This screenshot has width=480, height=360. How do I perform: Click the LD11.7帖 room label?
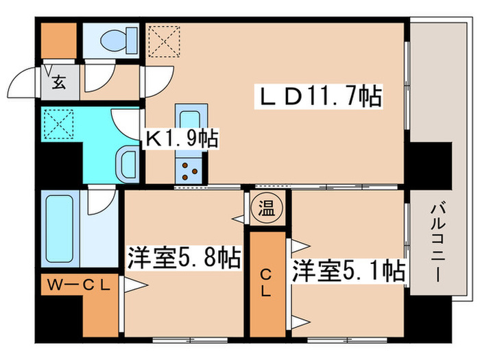(x=318, y=96)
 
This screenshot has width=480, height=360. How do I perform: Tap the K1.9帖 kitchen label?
(x=181, y=139)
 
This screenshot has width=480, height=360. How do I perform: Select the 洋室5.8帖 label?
(x=184, y=258)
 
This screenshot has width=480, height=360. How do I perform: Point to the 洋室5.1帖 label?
(x=348, y=271)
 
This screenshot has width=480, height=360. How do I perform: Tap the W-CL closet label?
(x=78, y=286)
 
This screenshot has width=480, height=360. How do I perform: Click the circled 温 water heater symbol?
(x=267, y=208)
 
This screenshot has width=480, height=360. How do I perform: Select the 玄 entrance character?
(x=59, y=82)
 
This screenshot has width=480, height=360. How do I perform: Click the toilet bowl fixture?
(x=119, y=41)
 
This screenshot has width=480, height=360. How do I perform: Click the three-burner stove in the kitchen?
(x=189, y=171)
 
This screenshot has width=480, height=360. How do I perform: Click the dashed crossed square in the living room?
(x=164, y=41)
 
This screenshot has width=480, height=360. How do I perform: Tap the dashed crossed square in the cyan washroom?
(x=59, y=123)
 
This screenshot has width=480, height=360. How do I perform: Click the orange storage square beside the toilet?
(x=58, y=40)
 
